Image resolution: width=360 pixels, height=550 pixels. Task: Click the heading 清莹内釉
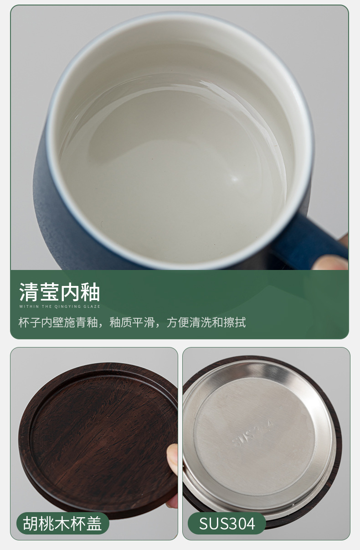[60, 292]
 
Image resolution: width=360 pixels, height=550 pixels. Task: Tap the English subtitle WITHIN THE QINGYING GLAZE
[60, 306]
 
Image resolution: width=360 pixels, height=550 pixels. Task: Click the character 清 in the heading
[29, 292]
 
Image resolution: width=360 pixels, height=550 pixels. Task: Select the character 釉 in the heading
[90, 292]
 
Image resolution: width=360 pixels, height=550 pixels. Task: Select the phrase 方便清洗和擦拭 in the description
[206, 322]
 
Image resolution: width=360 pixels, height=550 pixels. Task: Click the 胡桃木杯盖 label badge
[62, 523]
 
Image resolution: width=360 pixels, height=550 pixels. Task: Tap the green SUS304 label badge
[227, 523]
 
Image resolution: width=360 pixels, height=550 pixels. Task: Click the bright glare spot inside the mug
[234, 178]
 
